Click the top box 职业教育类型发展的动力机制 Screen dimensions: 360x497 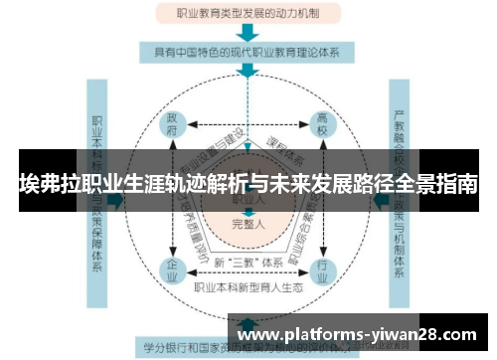coord(248,14)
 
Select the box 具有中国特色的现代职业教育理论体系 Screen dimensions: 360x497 coord(248,51)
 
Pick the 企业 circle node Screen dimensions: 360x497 coord(173,268)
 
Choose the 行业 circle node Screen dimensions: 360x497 coord(322,268)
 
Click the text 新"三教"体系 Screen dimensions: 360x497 coord(247,261)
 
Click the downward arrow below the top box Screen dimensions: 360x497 coord(248,32)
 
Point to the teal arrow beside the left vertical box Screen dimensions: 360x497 coord(117,198)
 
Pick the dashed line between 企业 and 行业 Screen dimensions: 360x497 coord(248,271)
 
